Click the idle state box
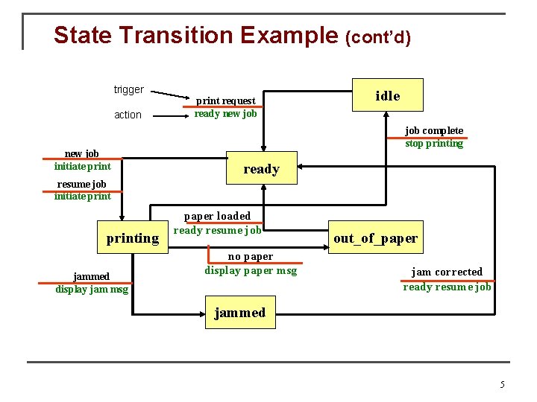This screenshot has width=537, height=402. [x=387, y=95]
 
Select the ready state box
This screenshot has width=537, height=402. [x=261, y=169]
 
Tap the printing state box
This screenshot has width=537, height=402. [x=133, y=238]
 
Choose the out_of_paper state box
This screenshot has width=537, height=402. [x=375, y=238]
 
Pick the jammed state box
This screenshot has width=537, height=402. [x=239, y=312]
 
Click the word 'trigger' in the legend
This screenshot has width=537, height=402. [x=128, y=90]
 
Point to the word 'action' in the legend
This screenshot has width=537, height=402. [x=128, y=115]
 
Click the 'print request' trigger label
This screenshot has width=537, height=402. [x=225, y=100]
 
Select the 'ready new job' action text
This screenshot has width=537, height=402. [x=225, y=114]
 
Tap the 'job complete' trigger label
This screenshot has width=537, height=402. [x=434, y=130]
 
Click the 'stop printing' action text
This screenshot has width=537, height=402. [x=434, y=144]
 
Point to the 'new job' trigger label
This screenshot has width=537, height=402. [x=82, y=153]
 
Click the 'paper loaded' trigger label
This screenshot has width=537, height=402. [x=218, y=216]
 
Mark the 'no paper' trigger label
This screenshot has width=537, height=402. [x=251, y=257]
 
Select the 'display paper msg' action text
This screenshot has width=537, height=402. [x=251, y=270]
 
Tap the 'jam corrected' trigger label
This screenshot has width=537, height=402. [x=447, y=272]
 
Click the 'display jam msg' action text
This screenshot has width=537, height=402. [x=92, y=290]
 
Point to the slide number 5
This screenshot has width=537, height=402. [x=502, y=385]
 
